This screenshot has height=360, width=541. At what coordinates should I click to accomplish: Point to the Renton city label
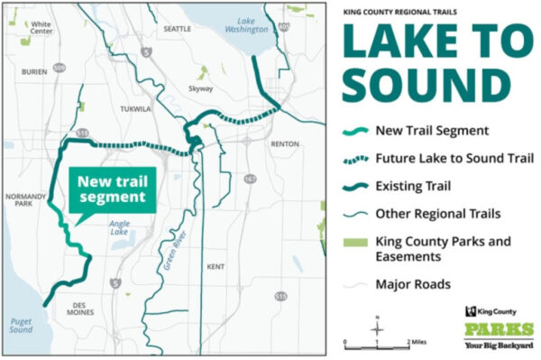(x=284, y=143)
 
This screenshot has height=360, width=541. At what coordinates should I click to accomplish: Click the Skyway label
(x=201, y=89)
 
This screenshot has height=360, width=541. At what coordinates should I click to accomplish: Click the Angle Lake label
(x=119, y=227)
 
